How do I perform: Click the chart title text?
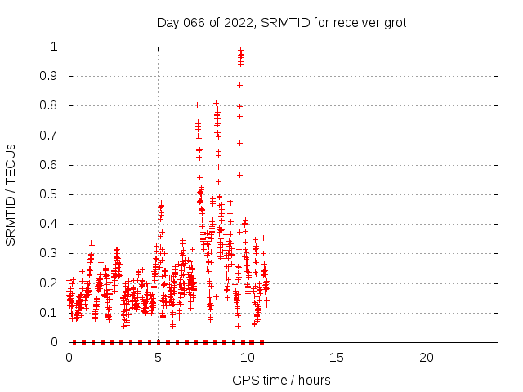point(281,22)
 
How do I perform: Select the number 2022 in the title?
point(239,22)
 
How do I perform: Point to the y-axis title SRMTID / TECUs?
point(11,194)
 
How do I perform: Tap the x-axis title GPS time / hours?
point(281,380)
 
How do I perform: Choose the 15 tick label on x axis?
point(337,358)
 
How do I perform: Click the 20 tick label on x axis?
point(426,358)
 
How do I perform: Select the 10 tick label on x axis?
point(247,358)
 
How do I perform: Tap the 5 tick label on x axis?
point(158,358)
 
